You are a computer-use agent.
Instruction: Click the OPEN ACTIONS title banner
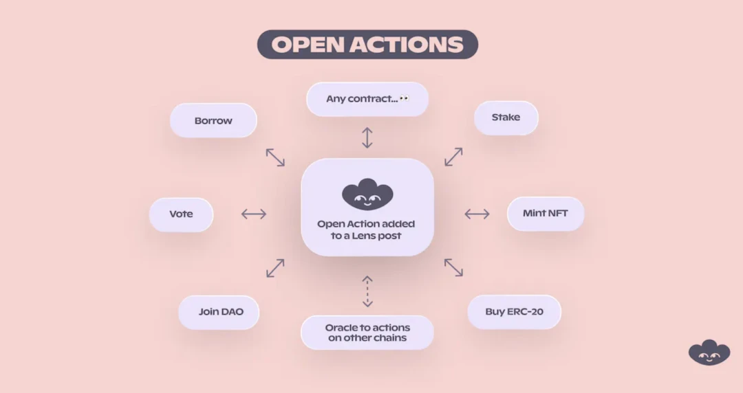367,45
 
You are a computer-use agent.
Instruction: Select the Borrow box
213,121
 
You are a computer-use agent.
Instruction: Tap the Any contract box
367,99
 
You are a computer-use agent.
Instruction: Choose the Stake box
506,117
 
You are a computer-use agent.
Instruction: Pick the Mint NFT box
546,214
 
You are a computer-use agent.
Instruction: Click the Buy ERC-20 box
514,312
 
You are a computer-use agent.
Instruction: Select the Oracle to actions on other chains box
367,333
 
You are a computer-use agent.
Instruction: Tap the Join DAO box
221,312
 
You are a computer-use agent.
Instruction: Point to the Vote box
181,214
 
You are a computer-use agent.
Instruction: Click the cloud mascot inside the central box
367,194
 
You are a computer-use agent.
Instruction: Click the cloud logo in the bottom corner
709,352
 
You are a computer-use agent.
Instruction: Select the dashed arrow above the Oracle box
367,291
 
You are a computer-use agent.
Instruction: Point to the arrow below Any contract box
367,137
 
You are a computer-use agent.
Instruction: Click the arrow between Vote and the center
254,214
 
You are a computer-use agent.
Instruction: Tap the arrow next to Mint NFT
477,214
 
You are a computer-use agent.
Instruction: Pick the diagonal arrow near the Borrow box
275,157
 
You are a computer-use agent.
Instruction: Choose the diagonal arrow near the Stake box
453,157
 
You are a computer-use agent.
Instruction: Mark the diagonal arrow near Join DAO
275,268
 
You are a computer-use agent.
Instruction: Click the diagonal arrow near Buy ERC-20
453,267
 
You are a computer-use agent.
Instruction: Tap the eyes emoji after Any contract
404,98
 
